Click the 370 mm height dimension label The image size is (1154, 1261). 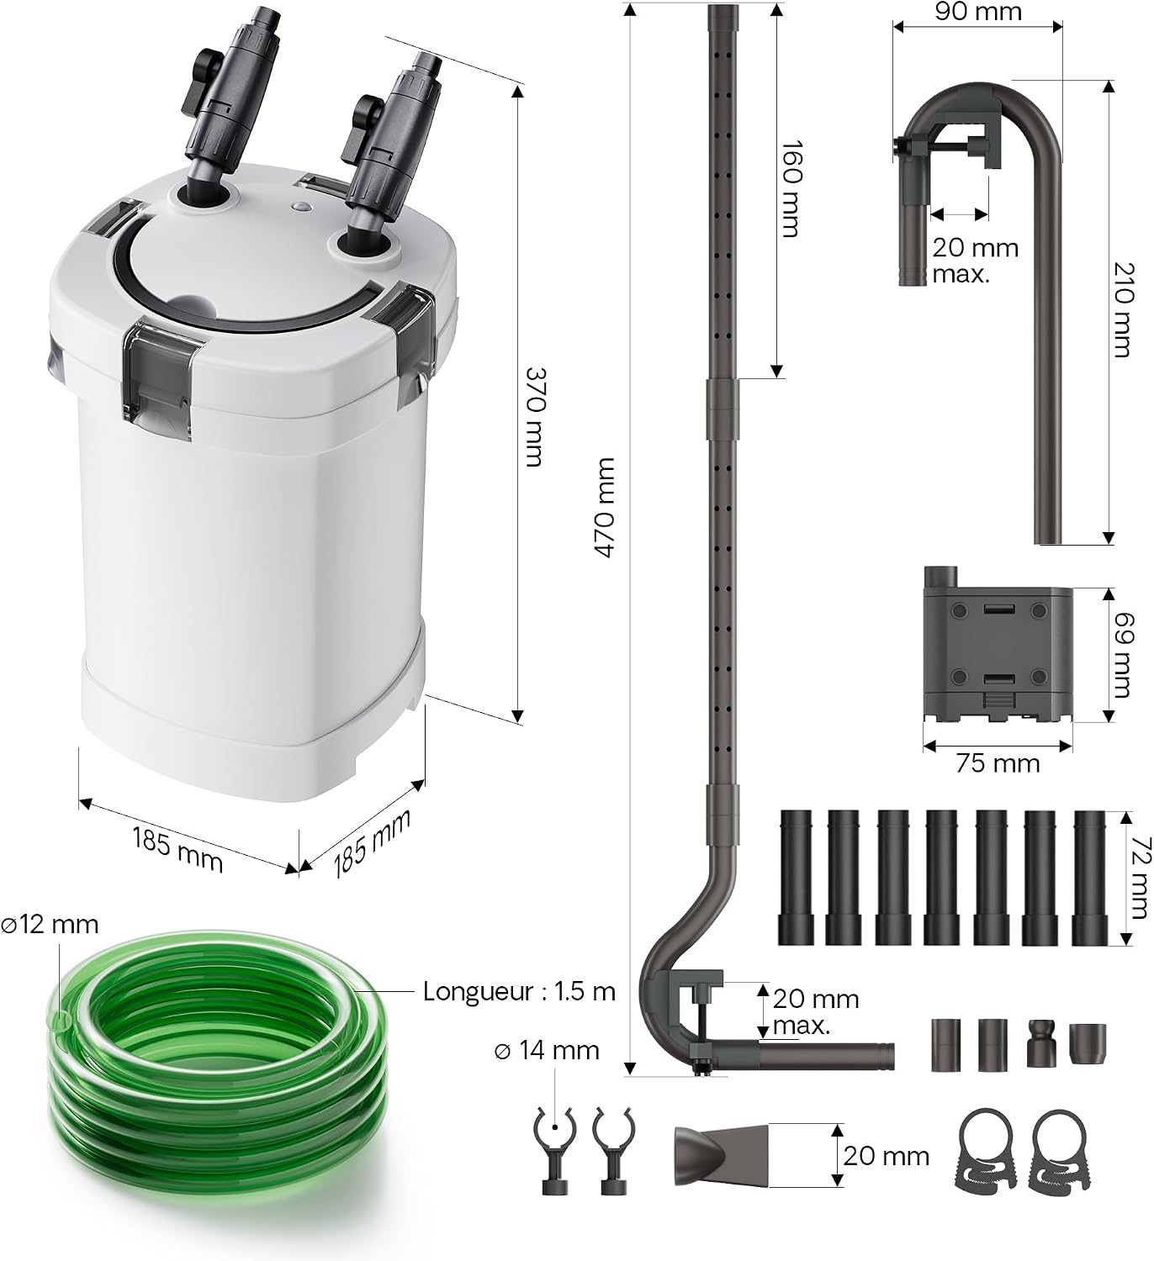click(534, 417)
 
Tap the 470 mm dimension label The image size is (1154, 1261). click(604, 507)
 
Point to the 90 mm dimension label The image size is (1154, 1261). click(978, 12)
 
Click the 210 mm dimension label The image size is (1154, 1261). click(1123, 309)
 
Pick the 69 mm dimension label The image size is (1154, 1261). click(1124, 655)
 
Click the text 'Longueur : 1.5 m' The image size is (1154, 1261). click(519, 992)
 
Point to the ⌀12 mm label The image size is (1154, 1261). click(50, 925)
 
